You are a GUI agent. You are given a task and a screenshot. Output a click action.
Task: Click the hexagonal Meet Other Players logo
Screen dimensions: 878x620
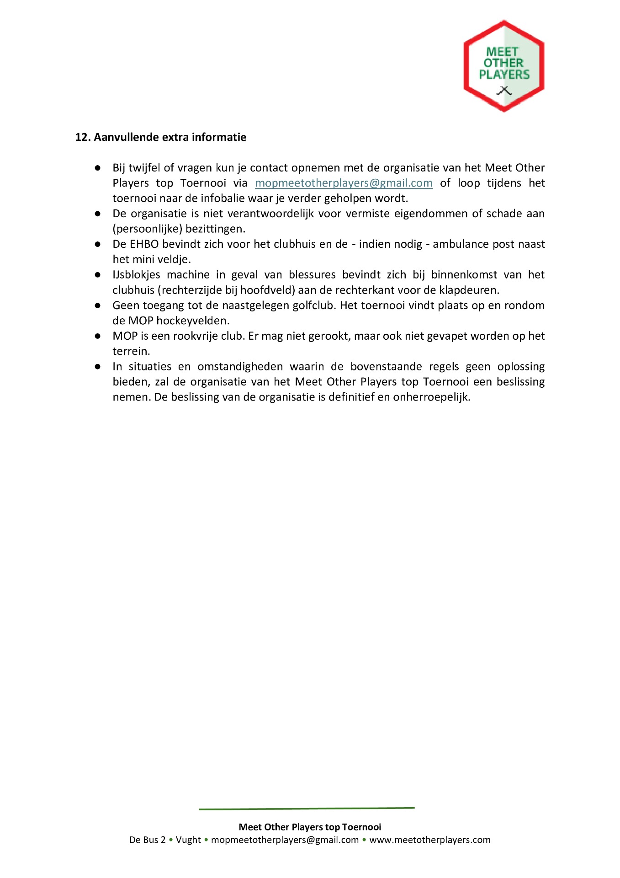tap(503, 66)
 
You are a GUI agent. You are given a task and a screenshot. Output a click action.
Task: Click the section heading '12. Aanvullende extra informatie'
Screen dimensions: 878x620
tap(160, 137)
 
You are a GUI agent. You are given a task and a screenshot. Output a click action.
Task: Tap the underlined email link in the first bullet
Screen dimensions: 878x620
tap(344, 183)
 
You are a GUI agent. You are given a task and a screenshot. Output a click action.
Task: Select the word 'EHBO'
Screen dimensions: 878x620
tap(144, 244)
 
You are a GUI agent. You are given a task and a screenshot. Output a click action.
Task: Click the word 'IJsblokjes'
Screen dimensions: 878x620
tap(136, 275)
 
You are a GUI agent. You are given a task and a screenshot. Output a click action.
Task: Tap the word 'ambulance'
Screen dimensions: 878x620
tap(461, 244)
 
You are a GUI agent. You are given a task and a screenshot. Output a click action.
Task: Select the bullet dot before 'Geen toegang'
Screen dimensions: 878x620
tap(98, 305)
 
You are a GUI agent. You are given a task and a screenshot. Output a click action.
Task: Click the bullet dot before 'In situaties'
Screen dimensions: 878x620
tap(98, 367)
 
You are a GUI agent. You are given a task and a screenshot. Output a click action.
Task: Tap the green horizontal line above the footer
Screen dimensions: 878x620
tap(307, 808)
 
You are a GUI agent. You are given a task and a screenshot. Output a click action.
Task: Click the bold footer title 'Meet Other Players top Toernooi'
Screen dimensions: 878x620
tap(310, 827)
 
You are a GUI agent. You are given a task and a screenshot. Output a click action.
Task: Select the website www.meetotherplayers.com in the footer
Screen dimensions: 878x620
tap(430, 840)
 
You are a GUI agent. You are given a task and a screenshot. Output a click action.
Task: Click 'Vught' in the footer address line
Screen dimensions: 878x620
tap(188, 840)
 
